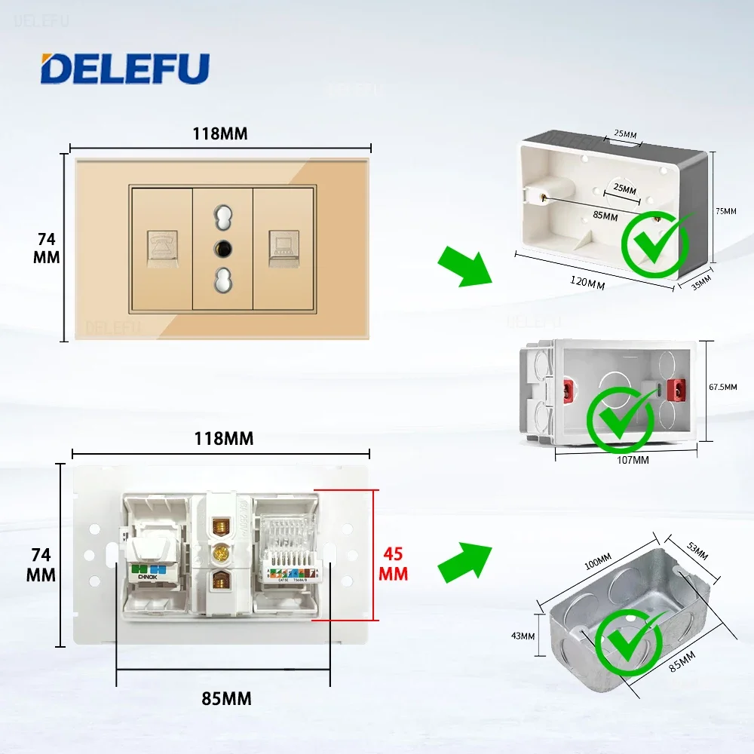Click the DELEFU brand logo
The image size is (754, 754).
pos(124,69)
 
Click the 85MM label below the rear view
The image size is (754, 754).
pos(226,698)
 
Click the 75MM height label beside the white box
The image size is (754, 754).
pos(725,211)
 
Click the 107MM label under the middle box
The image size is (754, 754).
pos(632,459)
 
